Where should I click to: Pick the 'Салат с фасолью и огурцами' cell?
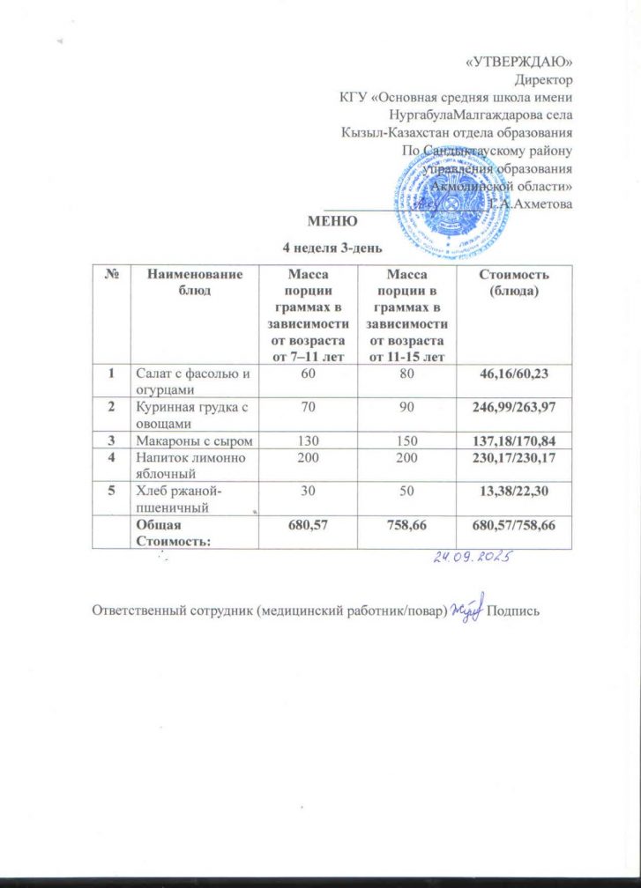coord(191,381)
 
